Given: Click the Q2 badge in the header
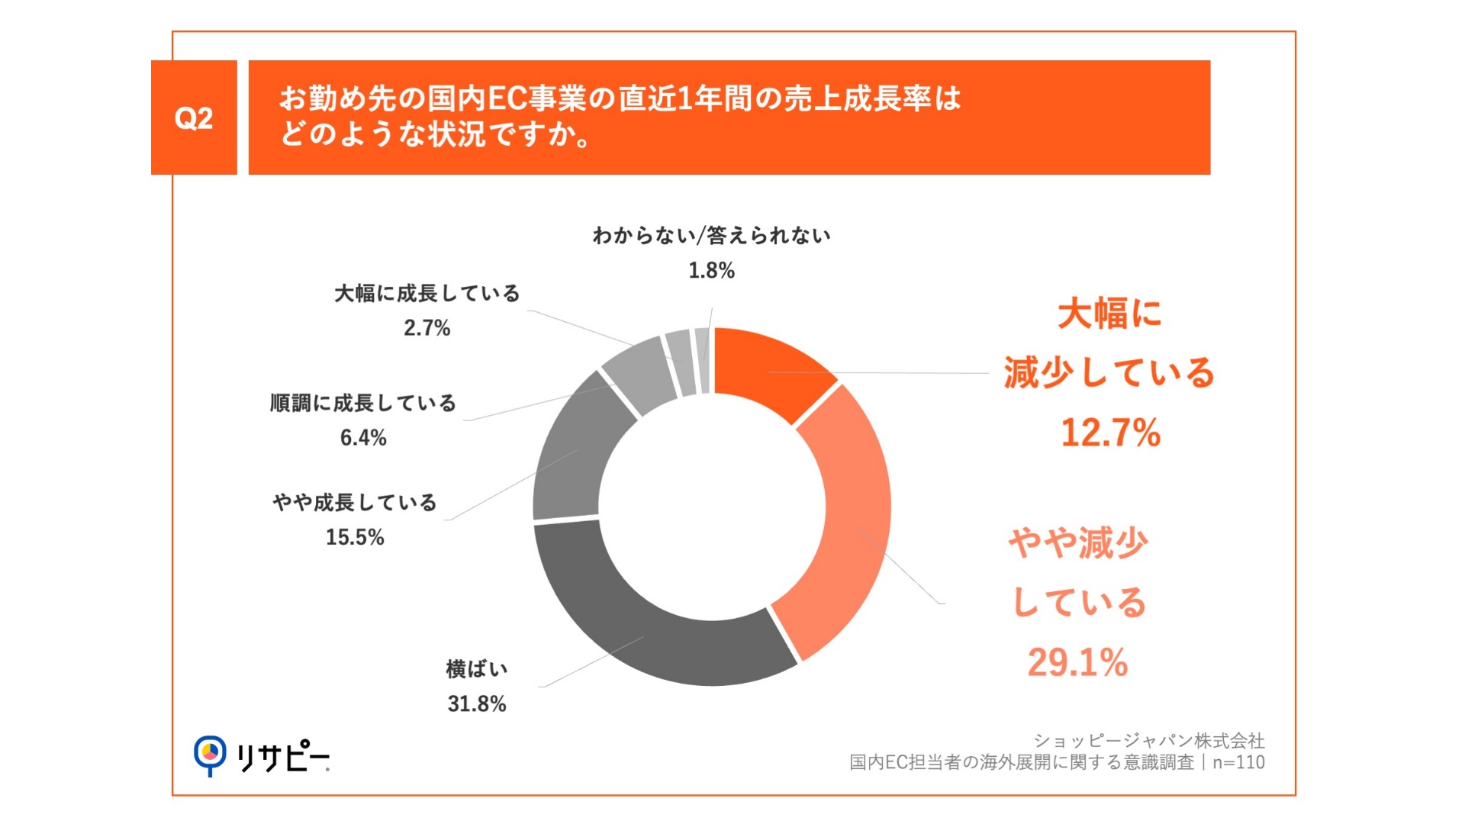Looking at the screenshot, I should point(194,117).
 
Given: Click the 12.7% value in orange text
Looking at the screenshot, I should point(1110,433).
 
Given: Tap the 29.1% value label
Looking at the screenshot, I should point(1077,662).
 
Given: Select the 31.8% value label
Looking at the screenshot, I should point(477,703).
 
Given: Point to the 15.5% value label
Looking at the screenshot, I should point(355,537).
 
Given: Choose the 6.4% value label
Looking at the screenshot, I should point(363,438).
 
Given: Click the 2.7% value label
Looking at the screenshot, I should point(427,328).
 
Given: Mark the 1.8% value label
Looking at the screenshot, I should point(711,271).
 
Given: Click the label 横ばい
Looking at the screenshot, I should point(477,669).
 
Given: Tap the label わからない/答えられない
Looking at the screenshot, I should point(711,236).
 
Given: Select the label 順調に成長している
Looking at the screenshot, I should point(363,403).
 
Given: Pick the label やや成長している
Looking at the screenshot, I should point(355,502).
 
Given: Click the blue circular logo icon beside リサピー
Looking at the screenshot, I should point(210,754).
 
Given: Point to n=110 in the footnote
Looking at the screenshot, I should point(1238,762).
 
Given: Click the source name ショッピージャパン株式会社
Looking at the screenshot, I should point(1149,740).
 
